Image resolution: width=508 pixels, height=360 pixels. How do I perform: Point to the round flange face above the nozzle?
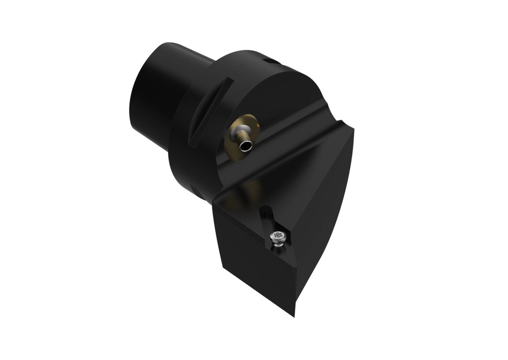tap(268, 94)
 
